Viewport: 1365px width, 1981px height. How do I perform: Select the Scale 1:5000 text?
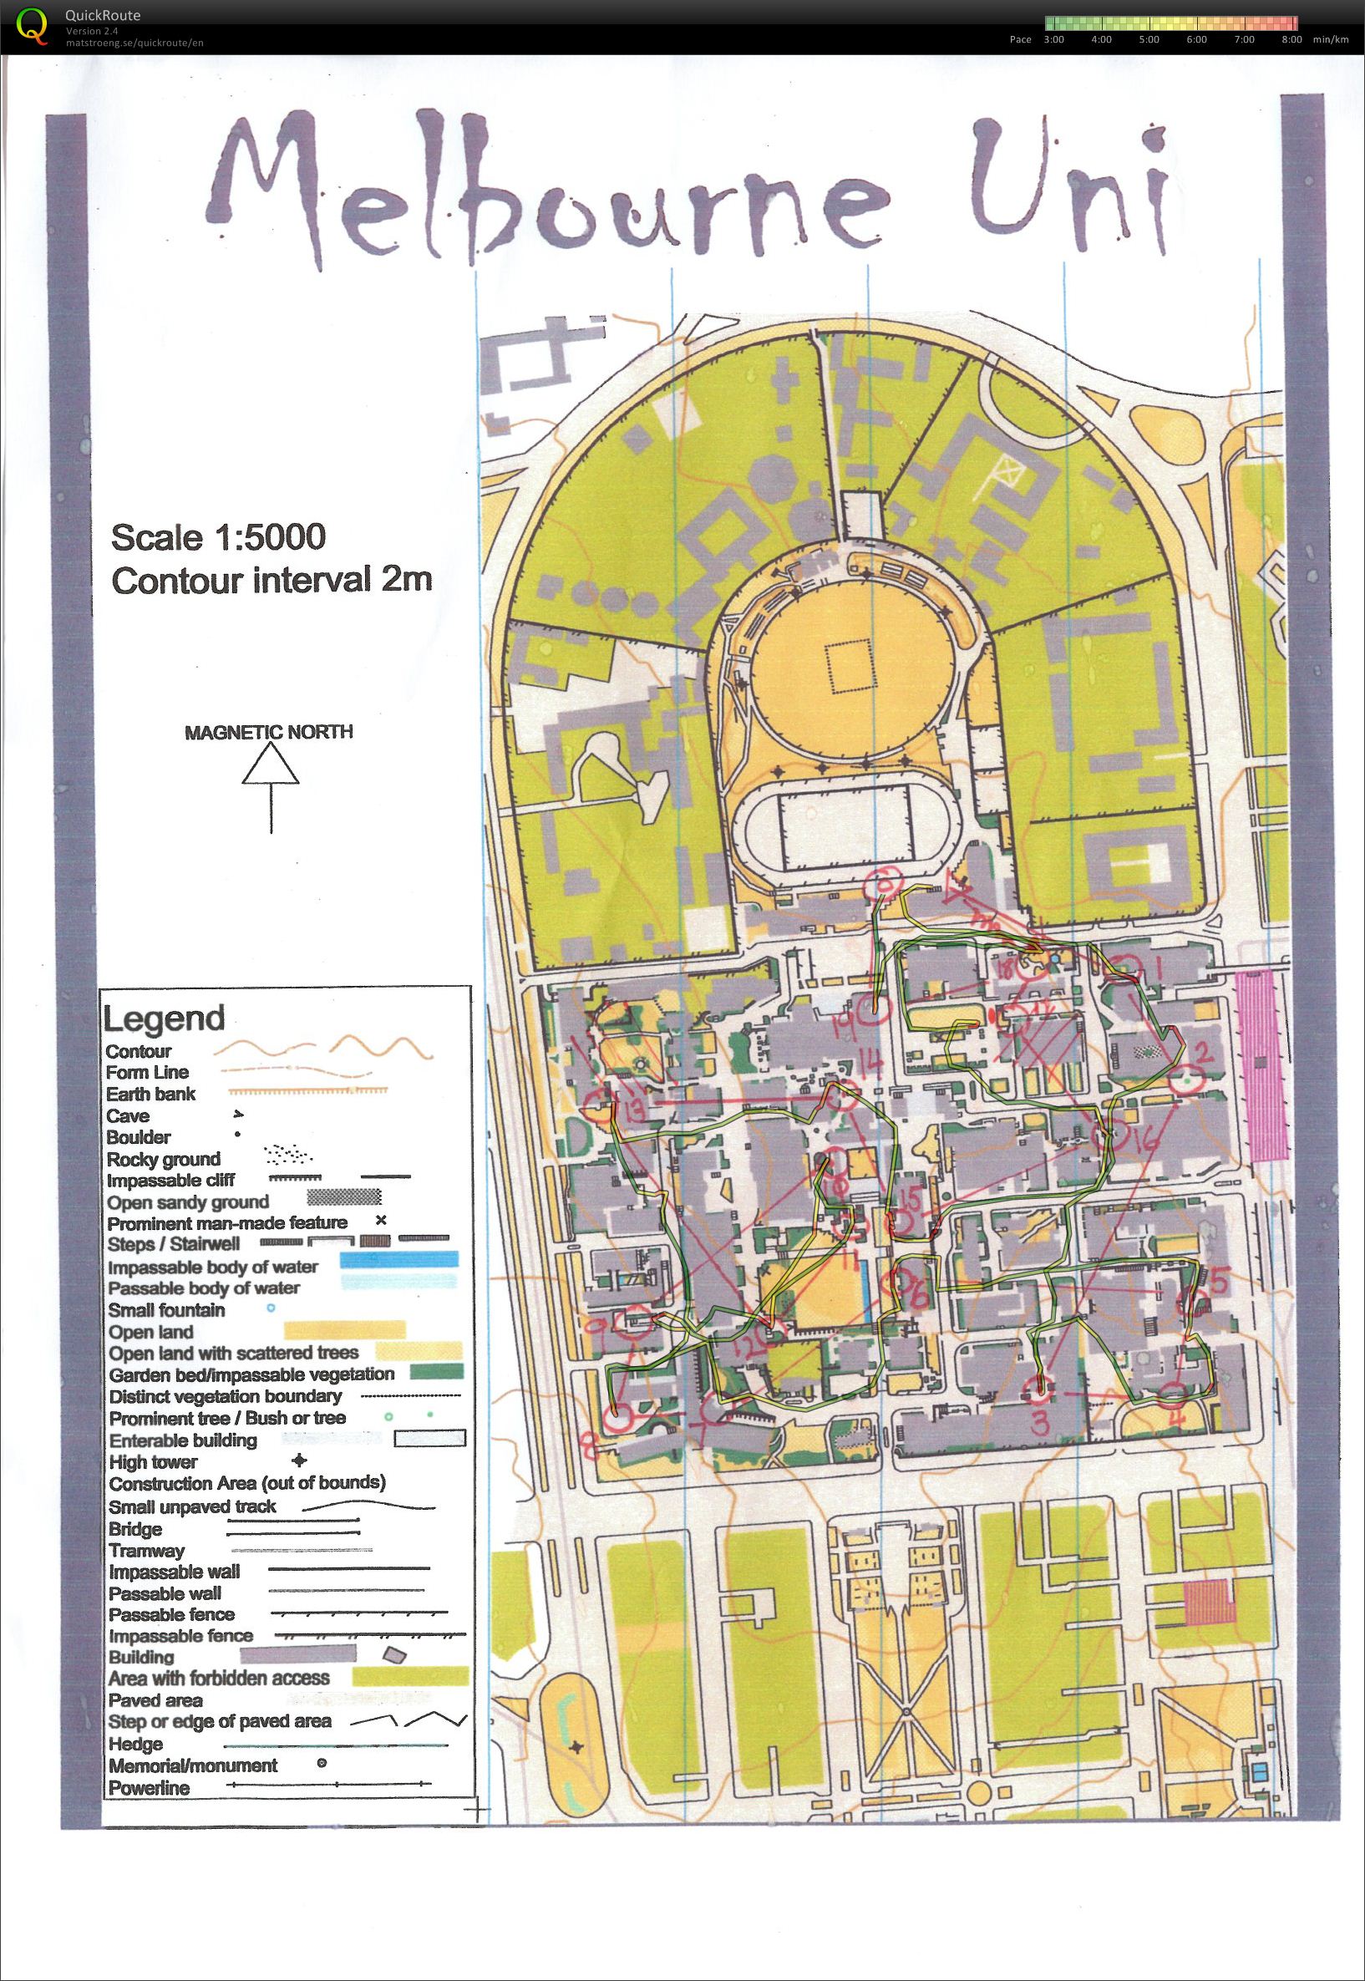pos(218,537)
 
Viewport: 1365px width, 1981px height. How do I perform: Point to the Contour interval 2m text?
pos(272,581)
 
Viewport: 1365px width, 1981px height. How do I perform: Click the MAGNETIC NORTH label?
pos(268,732)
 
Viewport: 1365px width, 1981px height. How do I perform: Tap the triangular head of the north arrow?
pos(271,764)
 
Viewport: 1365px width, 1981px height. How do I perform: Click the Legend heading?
pos(164,1018)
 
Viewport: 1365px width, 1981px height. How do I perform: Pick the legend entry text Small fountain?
pos(166,1309)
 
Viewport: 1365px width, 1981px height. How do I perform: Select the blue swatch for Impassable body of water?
pos(398,1259)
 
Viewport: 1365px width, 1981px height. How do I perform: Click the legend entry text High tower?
pos(153,1462)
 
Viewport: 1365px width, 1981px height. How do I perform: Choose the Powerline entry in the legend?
pos(149,1788)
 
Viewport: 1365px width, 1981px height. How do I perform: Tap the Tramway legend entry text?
pos(146,1551)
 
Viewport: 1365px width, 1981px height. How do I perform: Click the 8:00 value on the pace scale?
pos(1291,39)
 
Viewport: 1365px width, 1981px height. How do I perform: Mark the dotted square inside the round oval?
pos(850,668)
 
